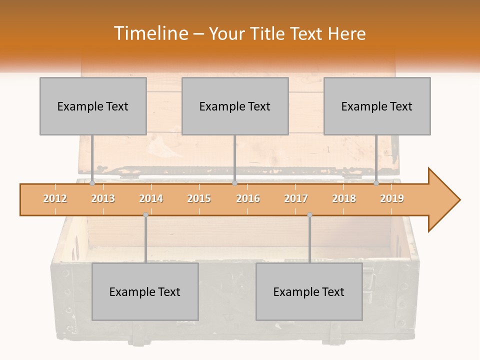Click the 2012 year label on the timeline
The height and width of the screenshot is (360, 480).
click(x=55, y=198)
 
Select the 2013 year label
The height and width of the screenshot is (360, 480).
click(x=103, y=198)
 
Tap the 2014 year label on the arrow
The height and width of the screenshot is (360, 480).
click(x=151, y=198)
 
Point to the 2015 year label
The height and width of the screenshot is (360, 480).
click(x=199, y=198)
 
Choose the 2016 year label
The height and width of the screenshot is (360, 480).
click(x=248, y=198)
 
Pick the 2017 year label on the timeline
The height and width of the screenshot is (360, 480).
click(x=296, y=198)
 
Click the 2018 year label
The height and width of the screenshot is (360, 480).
click(x=344, y=198)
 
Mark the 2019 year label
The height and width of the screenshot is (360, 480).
click(x=392, y=198)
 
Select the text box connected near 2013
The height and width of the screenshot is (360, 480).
click(x=93, y=106)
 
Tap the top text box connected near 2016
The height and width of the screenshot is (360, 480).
click(x=235, y=106)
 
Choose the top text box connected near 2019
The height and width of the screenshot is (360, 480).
click(x=377, y=106)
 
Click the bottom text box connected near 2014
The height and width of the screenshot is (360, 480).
click(x=145, y=291)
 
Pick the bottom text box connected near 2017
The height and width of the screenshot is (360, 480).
click(x=309, y=291)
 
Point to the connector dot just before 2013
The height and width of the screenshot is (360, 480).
click(x=92, y=183)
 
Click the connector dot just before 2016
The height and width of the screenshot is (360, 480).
click(x=234, y=183)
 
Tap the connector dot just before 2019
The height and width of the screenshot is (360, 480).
click(x=376, y=183)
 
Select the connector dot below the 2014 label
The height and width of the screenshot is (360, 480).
click(x=145, y=215)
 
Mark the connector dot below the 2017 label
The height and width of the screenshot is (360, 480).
click(x=309, y=215)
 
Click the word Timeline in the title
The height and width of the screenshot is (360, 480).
click(x=149, y=33)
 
